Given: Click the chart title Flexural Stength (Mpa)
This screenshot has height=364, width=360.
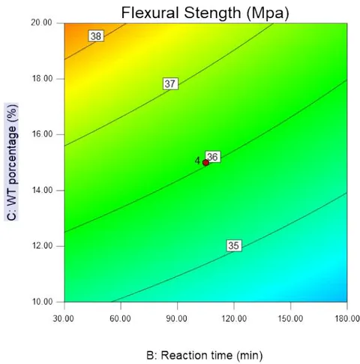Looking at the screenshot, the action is coord(205,13).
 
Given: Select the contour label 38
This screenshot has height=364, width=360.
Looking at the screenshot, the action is coord(96,36).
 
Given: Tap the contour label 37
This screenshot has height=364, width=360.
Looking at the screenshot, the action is coord(170,83).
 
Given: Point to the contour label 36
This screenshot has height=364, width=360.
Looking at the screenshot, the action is coord(213,157).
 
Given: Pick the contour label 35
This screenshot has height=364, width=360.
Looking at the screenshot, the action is coord(234,245).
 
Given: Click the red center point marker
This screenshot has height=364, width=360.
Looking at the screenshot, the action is coord(205,163).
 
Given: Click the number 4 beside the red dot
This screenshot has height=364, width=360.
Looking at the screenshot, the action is coord(197,161).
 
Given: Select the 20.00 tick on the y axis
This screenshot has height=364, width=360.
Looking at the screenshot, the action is coord(41,23).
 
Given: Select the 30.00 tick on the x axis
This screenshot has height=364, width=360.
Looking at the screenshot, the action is coord(64,319).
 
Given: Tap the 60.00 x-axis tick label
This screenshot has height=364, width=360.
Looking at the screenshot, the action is coord(120,319).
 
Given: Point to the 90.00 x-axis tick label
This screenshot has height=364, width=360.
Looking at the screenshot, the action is coord(177,319).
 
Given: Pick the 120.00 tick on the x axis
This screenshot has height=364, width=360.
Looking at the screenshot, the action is coord(234,319).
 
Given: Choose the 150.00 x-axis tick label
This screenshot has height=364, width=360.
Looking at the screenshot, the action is coord(290,319).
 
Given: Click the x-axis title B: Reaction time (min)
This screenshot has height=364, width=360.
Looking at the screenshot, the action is coord(205,356).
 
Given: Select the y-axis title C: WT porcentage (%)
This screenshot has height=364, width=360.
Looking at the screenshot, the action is coord(11,162).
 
